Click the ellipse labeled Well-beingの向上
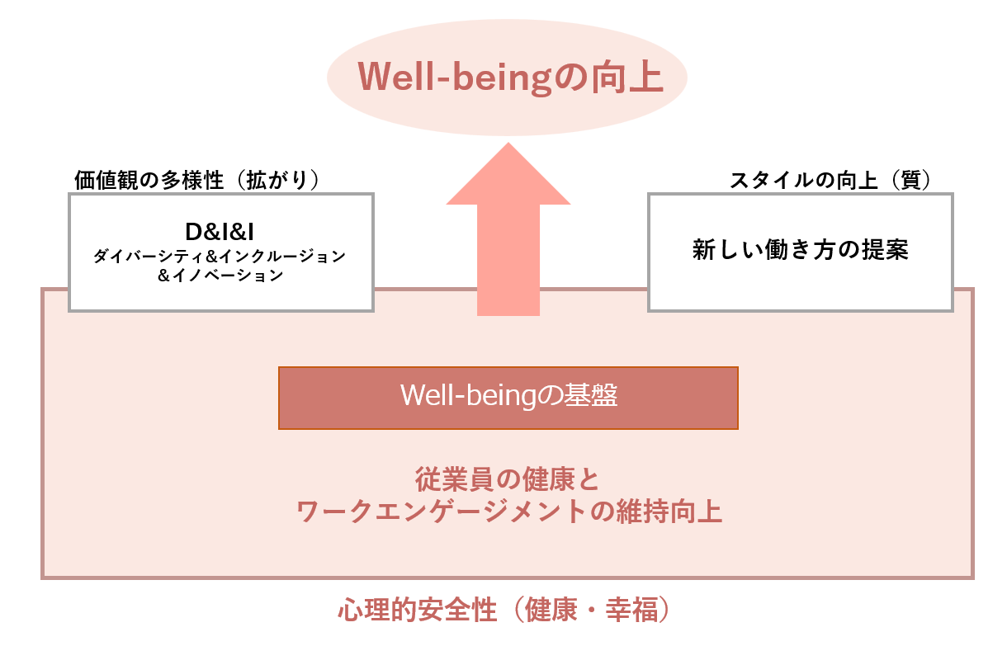(x=507, y=78)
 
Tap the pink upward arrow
(x=508, y=229)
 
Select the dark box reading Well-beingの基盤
(x=508, y=398)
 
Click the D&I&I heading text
(x=220, y=233)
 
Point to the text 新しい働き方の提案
(x=800, y=250)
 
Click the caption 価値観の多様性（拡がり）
(x=196, y=180)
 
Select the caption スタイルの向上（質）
(x=830, y=180)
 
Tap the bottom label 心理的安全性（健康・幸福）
(x=504, y=610)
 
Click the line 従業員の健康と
(x=507, y=479)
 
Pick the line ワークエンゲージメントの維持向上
(x=509, y=512)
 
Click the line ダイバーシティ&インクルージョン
(x=220, y=256)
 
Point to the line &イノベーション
(x=220, y=275)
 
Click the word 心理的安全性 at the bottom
(x=418, y=610)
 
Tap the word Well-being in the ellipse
(x=455, y=78)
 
